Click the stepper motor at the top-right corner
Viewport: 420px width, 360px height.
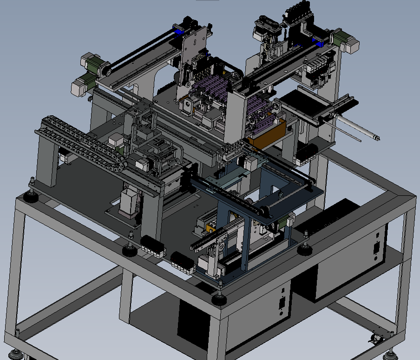pos(349,41)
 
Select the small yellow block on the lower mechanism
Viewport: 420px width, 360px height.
pos(210,229)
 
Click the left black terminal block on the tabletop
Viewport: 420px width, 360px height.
pos(153,246)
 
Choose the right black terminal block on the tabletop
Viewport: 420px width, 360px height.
pos(183,263)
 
